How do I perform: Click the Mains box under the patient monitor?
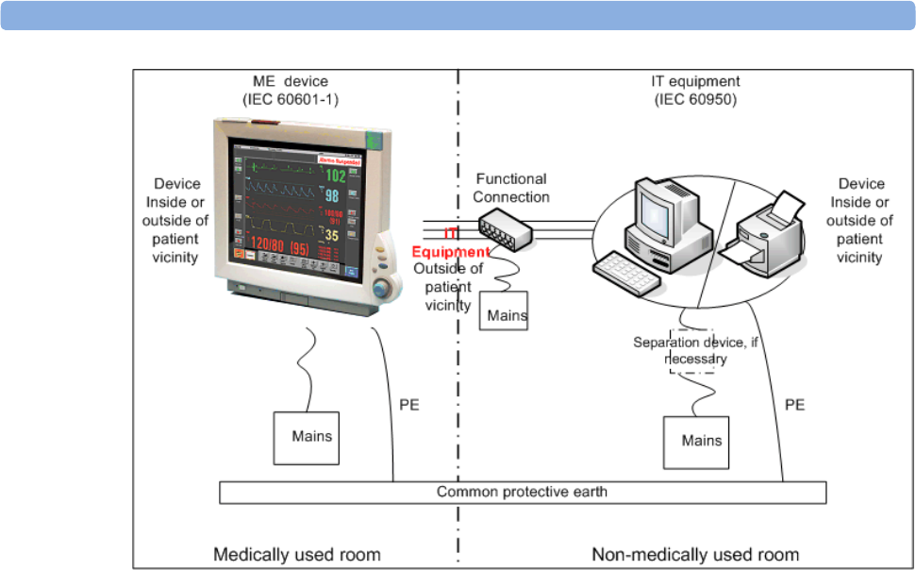tap(311, 437)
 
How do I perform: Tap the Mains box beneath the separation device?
tap(701, 441)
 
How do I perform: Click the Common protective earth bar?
tap(522, 492)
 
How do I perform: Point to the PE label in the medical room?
tap(409, 405)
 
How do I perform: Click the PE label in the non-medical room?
tap(795, 405)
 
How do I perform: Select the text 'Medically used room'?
tap(297, 554)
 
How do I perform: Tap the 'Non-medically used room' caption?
tap(695, 554)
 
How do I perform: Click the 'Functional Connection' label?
tap(510, 187)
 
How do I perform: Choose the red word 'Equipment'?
tap(452, 253)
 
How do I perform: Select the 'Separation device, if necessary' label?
tap(695, 350)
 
